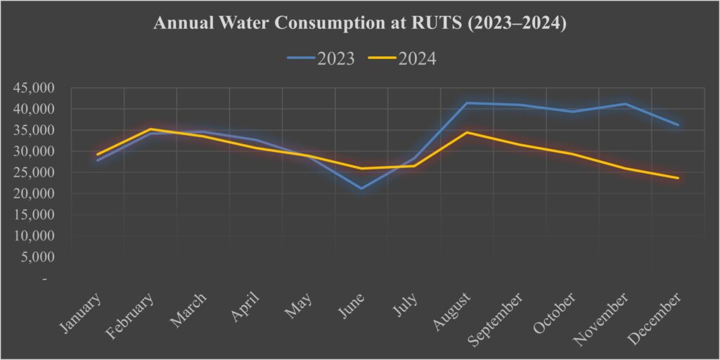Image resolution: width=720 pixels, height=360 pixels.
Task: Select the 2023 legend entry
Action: [321, 58]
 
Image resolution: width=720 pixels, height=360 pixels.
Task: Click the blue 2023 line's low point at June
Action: [361, 188]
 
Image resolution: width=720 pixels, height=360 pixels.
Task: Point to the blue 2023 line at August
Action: [467, 103]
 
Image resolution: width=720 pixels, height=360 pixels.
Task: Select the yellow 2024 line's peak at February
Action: [150, 129]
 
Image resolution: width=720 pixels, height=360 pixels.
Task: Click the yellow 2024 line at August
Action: [467, 132]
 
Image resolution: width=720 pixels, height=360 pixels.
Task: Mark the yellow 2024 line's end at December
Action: [678, 178]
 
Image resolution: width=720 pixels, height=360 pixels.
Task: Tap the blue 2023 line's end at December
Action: [678, 125]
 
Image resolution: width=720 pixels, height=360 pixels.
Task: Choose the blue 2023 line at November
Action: [625, 104]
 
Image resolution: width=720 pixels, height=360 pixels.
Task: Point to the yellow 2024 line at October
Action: [572, 154]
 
